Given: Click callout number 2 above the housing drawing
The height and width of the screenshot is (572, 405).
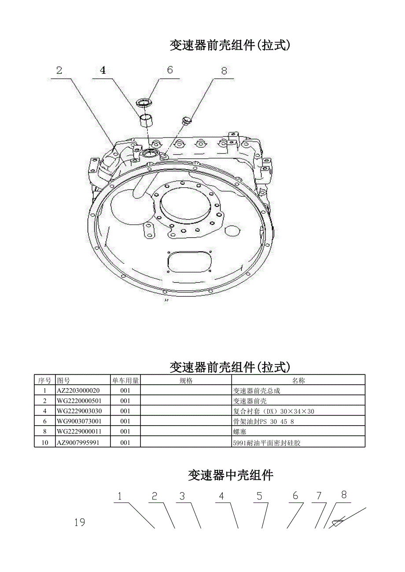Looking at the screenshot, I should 59,70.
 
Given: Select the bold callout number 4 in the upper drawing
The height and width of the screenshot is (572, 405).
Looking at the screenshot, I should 103,70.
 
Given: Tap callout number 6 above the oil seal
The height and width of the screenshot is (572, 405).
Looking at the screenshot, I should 170,70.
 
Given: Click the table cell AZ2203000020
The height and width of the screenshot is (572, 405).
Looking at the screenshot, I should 78,390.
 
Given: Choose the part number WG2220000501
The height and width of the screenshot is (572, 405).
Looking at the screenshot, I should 79,401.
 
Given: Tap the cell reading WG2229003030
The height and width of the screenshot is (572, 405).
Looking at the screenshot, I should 79,411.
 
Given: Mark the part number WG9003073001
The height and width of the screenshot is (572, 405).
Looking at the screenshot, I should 79,422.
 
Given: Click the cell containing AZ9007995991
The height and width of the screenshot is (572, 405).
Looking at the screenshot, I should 78,442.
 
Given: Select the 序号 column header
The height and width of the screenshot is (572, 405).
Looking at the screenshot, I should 44,380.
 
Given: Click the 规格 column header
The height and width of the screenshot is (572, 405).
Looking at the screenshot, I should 186,380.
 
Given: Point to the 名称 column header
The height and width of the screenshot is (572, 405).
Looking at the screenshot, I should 298,380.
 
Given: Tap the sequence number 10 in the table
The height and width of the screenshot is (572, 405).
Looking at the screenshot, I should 44,442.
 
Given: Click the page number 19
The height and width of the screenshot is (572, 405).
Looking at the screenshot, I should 80,522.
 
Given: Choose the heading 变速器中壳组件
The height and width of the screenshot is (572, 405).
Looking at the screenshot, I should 231,475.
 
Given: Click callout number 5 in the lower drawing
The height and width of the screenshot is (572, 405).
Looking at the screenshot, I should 259,496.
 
